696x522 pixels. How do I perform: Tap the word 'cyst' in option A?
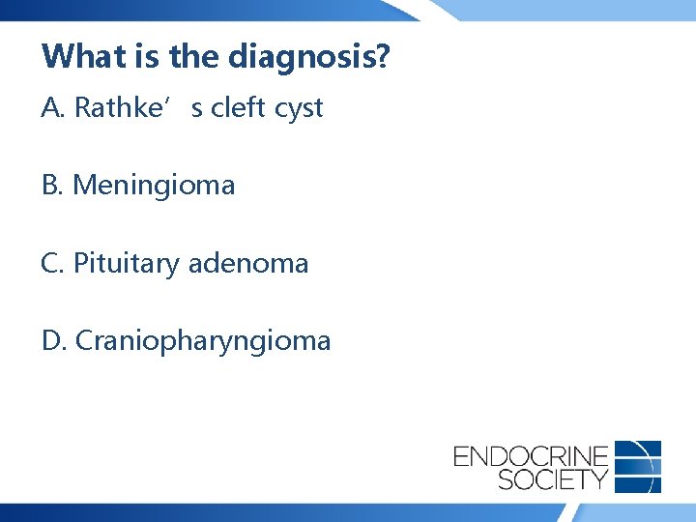[x=298, y=109]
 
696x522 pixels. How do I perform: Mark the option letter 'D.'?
[x=54, y=340]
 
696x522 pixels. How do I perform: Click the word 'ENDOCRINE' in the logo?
[x=531, y=455]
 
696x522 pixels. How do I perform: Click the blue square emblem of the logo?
[x=638, y=466]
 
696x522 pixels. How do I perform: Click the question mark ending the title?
[x=384, y=56]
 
